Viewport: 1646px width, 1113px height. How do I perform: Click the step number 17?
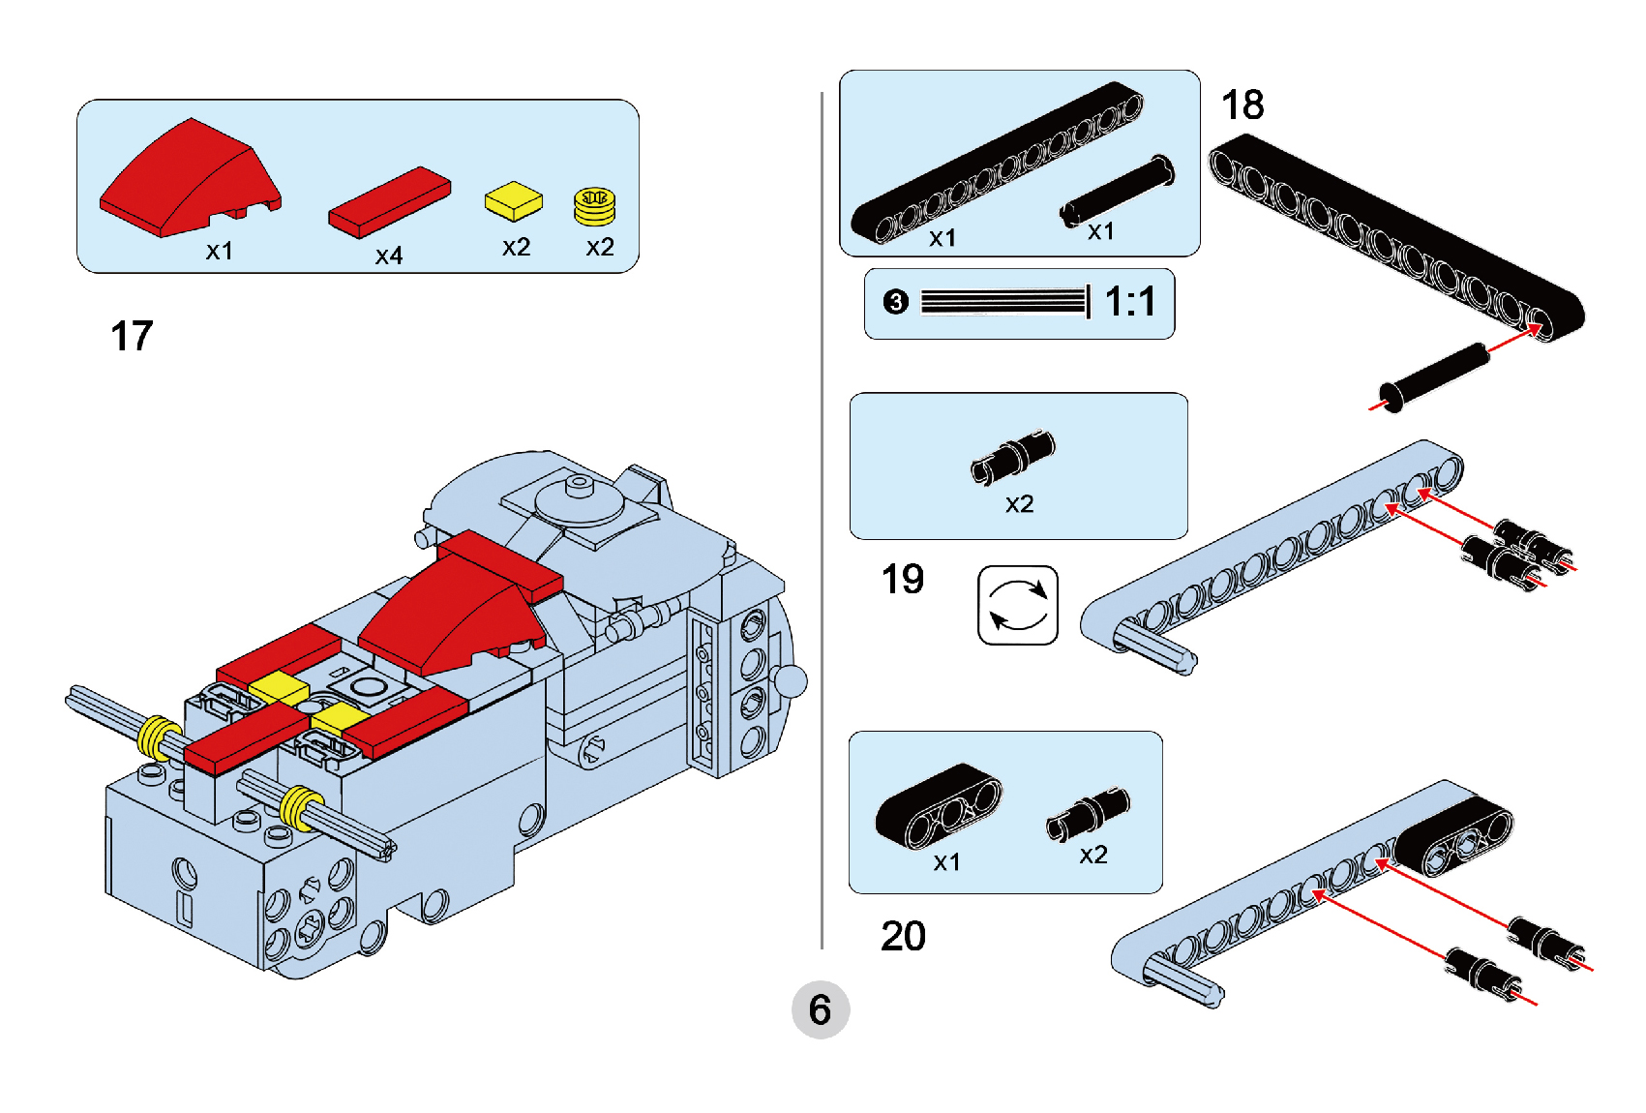click(x=132, y=337)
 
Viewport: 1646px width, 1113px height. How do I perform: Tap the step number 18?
click(x=1242, y=105)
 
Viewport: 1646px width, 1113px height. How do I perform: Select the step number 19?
click(x=902, y=580)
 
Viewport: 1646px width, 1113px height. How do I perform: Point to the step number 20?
click(x=903, y=936)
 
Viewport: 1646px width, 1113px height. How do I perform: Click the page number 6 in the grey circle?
click(x=821, y=1010)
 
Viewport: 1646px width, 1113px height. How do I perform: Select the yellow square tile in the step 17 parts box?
click(x=514, y=201)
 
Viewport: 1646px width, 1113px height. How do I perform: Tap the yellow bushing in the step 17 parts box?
click(x=595, y=205)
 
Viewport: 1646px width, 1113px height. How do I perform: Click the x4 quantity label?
click(x=389, y=256)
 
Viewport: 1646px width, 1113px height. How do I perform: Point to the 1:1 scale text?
click(x=1130, y=302)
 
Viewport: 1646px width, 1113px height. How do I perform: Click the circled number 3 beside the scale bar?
click(x=896, y=302)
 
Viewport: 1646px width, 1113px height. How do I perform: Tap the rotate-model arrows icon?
click(x=1018, y=605)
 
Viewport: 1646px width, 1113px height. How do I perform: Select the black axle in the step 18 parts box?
click(x=1118, y=192)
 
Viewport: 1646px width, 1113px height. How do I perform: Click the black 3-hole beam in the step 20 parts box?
click(x=938, y=805)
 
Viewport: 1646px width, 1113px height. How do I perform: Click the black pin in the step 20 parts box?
click(x=1089, y=814)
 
